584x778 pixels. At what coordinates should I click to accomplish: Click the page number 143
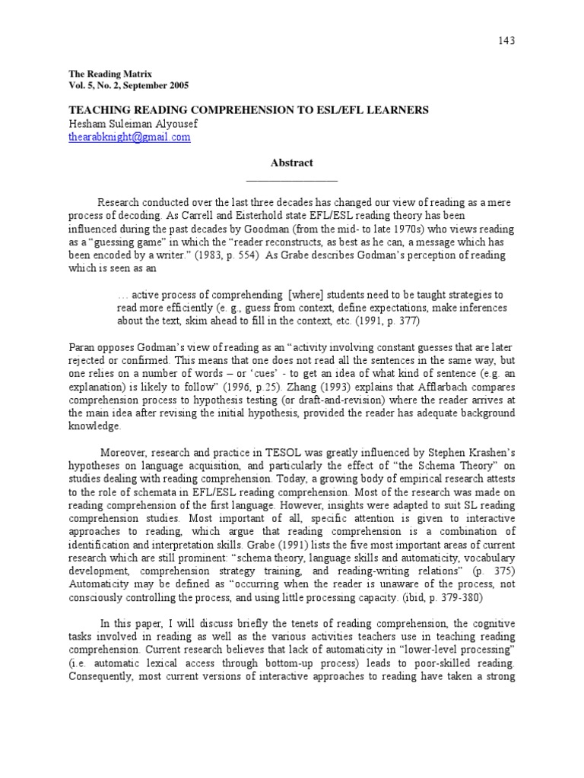point(506,40)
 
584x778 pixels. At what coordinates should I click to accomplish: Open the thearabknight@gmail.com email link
point(130,138)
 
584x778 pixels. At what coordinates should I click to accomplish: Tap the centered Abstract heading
point(292,163)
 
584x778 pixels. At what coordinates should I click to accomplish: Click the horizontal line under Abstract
point(292,181)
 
